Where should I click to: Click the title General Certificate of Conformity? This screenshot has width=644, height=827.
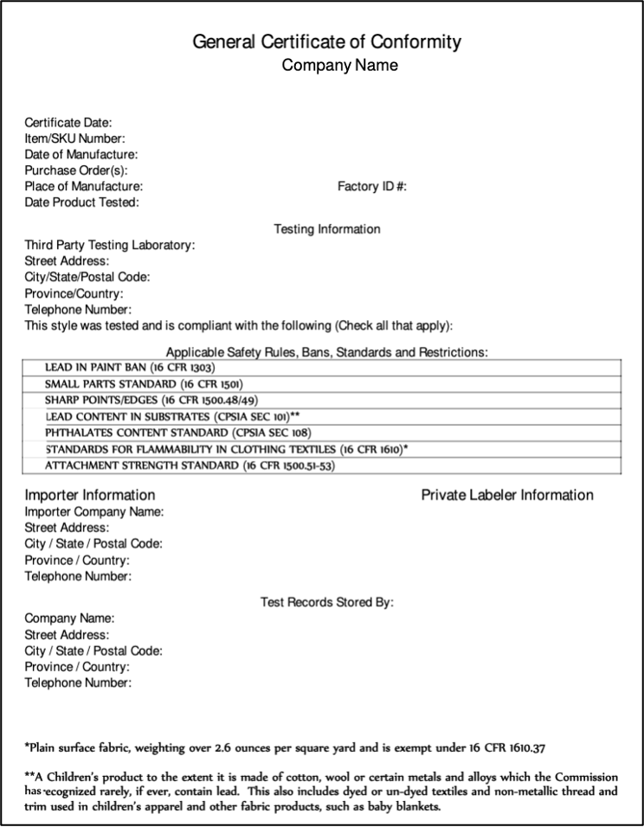pyautogui.click(x=326, y=42)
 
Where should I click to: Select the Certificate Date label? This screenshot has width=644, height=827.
pyautogui.click(x=68, y=124)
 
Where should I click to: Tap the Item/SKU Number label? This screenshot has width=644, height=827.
pyautogui.click(x=75, y=139)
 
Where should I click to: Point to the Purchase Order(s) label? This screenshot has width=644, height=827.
pyautogui.click(x=76, y=170)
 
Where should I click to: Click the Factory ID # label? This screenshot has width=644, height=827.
pyautogui.click(x=372, y=186)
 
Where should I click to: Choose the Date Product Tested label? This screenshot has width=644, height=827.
pyautogui.click(x=82, y=202)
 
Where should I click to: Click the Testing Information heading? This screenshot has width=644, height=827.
pyautogui.click(x=327, y=229)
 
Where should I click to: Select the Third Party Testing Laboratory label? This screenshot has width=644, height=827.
pyautogui.click(x=110, y=246)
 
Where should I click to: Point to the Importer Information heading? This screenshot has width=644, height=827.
pyautogui.click(x=90, y=496)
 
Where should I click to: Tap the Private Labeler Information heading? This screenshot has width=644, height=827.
pyautogui.click(x=507, y=496)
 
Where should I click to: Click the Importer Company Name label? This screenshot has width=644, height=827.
pyautogui.click(x=94, y=512)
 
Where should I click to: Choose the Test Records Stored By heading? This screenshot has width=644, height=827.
pyautogui.click(x=327, y=602)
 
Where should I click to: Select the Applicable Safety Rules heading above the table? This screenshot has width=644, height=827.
pyautogui.click(x=327, y=352)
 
